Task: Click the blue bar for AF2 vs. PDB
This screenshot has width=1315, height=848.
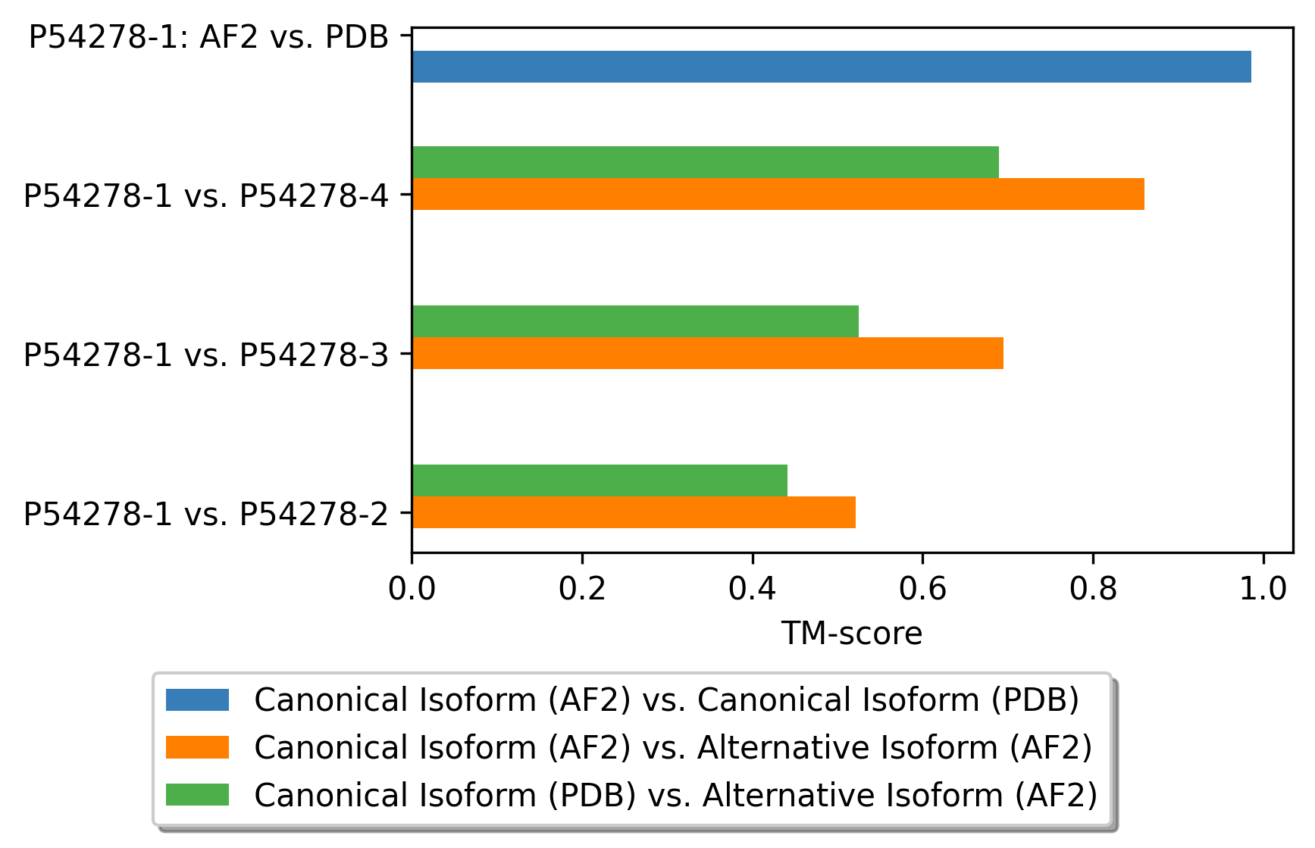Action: [x=831, y=67]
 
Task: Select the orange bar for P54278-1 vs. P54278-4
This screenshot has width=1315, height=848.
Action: [x=778, y=194]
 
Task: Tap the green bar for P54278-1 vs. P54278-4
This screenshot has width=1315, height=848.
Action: [x=706, y=162]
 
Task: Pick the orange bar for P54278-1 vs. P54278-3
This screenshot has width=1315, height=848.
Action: [x=708, y=353]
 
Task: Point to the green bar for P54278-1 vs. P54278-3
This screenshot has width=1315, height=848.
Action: [x=635, y=321]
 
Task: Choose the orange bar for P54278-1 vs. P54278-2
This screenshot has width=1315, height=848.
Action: [x=634, y=512]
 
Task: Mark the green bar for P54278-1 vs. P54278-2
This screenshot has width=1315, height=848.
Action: [x=600, y=480]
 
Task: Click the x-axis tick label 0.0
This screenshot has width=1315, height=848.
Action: [x=412, y=589]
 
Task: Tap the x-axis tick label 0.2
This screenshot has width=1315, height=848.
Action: [x=582, y=589]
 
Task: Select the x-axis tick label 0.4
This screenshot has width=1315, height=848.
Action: [x=753, y=589]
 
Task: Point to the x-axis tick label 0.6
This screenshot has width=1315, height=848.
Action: [x=922, y=589]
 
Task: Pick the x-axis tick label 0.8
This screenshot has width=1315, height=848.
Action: [x=1093, y=589]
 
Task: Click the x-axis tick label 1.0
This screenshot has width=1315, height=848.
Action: [x=1263, y=589]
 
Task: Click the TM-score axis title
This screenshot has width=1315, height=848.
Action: [x=852, y=634]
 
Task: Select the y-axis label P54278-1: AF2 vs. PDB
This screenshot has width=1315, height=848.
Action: [x=208, y=37]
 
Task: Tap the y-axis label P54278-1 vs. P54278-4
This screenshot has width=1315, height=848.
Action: [x=206, y=196]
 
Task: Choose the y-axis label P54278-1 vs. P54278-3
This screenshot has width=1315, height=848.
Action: [x=206, y=355]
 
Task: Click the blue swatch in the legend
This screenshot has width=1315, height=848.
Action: [x=197, y=699]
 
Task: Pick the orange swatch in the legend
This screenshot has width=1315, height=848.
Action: [x=197, y=747]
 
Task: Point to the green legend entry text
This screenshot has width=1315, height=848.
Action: [x=676, y=796]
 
